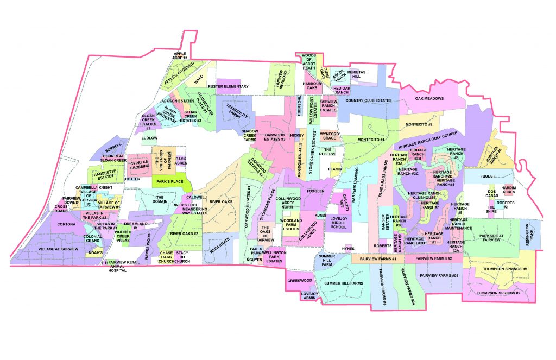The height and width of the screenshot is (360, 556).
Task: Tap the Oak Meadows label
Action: coord(429,99)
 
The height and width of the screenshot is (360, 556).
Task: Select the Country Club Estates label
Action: coord(369,100)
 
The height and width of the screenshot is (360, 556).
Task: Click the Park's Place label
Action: coord(168,182)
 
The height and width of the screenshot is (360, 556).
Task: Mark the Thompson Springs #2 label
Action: coord(498,293)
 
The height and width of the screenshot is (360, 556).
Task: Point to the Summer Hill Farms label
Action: coord(344,283)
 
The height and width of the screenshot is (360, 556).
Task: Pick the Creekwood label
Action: coord(299,281)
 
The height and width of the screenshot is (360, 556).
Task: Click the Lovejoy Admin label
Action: coord(298,296)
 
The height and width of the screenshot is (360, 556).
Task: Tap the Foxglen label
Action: coord(315,191)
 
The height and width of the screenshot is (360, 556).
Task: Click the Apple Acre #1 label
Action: coord(180,55)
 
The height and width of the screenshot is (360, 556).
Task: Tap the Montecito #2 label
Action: coord(419,124)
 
